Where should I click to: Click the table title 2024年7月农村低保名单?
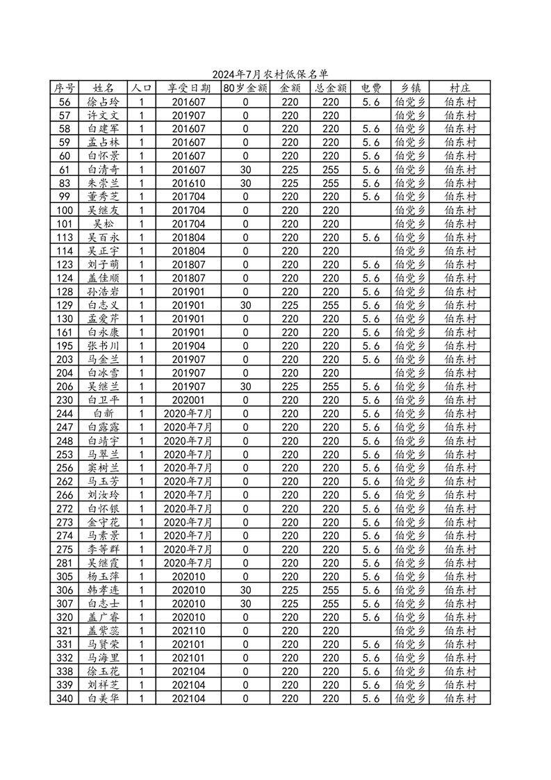(270, 74)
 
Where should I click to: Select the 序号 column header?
(65, 88)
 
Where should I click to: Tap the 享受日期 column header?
(188, 88)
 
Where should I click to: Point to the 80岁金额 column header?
(245, 88)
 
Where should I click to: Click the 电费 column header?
(371, 88)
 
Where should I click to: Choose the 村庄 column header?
(459, 88)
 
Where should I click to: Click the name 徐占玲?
(104, 101)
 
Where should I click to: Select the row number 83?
(65, 183)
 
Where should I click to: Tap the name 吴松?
(104, 223)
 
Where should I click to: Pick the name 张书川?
(104, 346)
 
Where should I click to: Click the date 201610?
(188, 183)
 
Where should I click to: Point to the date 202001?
(188, 400)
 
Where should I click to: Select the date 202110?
(188, 631)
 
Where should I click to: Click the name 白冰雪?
(104, 373)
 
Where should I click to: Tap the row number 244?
(65, 413)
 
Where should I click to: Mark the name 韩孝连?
(104, 590)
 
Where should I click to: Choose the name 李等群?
(104, 549)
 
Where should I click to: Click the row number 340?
(65, 698)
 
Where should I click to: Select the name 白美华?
(104, 698)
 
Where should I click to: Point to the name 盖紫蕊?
(104, 631)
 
